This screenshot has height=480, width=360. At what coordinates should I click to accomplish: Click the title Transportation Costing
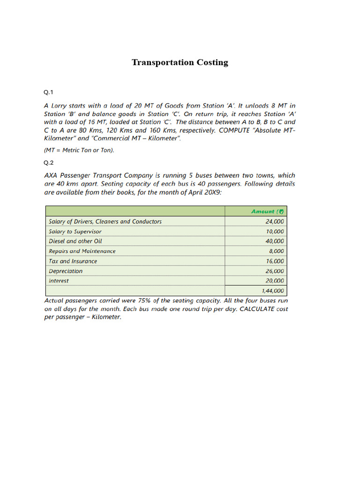pyautogui.click(x=180, y=62)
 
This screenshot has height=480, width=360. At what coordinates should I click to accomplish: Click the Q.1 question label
pyautogui.click(x=49, y=93)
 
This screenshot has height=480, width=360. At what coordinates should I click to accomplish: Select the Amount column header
pyautogui.click(x=268, y=211)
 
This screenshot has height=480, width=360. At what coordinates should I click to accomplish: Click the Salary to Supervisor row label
pyautogui.click(x=75, y=232)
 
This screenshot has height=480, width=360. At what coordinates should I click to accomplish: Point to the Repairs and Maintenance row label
pyautogui.click(x=82, y=251)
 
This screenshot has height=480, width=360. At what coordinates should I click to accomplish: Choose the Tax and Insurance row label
pyautogui.click(x=73, y=261)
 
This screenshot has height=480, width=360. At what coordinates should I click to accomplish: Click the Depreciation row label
pyautogui.click(x=66, y=271)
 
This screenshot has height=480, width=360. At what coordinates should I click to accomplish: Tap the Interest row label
pyautogui.click(x=59, y=281)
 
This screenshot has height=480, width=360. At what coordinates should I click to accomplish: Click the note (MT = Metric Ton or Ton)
pyautogui.click(x=79, y=150)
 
